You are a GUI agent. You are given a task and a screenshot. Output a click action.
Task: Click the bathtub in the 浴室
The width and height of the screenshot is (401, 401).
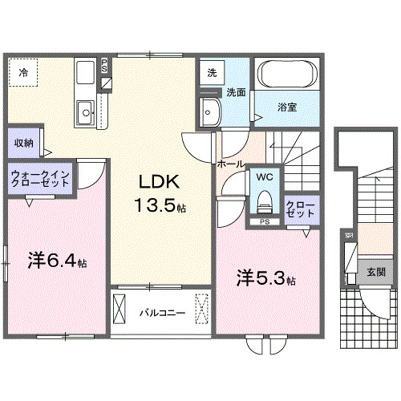(287, 78)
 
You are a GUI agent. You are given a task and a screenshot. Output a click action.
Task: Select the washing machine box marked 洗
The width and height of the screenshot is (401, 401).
(212, 72)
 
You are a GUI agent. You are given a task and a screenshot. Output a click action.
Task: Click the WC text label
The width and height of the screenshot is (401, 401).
(265, 176)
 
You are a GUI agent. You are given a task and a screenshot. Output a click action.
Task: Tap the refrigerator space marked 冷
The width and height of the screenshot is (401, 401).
(23, 73)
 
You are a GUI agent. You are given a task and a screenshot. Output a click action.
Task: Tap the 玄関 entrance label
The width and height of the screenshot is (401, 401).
(375, 272)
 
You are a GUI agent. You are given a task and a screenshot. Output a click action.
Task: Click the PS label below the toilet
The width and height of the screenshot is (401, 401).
(265, 221)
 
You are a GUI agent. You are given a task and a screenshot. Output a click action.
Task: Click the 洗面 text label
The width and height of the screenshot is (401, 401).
(235, 91)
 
